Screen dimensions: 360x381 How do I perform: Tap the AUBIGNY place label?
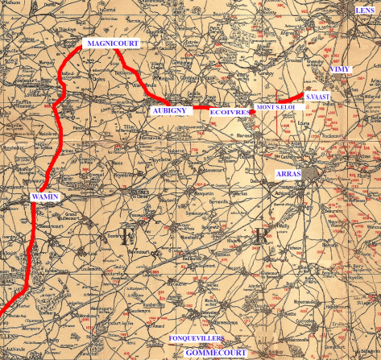tap(170, 108)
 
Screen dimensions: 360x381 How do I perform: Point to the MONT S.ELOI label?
tap(276, 106)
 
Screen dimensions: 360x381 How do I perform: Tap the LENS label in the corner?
tap(366, 10)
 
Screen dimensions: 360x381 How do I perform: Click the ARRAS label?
tap(289, 174)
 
